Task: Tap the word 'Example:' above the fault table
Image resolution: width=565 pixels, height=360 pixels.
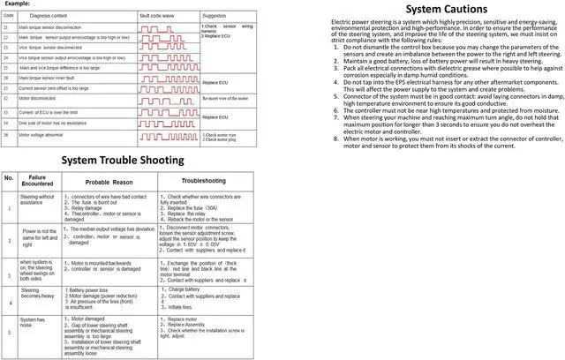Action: [x=15, y=4]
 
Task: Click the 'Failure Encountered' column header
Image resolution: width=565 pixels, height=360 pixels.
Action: [x=37, y=180]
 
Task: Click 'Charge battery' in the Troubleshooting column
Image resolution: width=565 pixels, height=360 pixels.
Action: [x=186, y=289]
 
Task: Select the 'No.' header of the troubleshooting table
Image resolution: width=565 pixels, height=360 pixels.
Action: [x=9, y=178]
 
